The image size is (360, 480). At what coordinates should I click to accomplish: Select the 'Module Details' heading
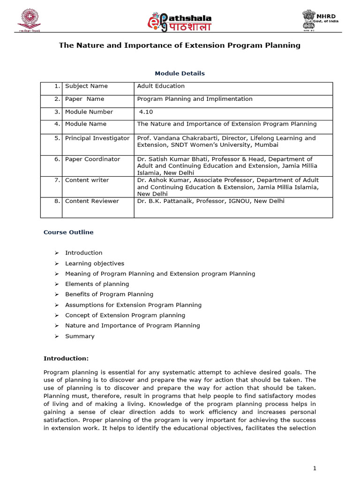pyautogui.click(x=180, y=74)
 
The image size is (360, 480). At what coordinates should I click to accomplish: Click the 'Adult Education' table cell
pyautogui.click(x=161, y=86)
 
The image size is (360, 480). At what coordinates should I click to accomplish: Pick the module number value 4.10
pyautogui.click(x=146, y=112)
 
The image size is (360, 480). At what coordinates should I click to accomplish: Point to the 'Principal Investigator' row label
pyautogui.click(x=97, y=138)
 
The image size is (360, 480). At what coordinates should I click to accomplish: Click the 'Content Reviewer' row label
pyautogui.click(x=92, y=201)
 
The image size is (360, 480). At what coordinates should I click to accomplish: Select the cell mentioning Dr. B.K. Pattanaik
pyautogui.click(x=210, y=201)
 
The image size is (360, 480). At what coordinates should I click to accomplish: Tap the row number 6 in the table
pyautogui.click(x=57, y=159)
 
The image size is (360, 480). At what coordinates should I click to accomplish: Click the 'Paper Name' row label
pyautogui.click(x=85, y=99)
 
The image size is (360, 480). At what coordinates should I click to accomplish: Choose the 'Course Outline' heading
pyautogui.click(x=68, y=232)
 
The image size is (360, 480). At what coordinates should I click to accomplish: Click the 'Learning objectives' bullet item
pyautogui.click(x=95, y=263)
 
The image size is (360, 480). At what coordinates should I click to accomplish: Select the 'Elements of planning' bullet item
pyautogui.click(x=97, y=284)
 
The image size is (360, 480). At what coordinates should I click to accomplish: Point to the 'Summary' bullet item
pyautogui.click(x=80, y=336)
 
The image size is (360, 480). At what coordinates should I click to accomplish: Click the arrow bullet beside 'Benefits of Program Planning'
pyautogui.click(x=56, y=294)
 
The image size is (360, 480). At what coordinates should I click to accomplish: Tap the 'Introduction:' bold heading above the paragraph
pyautogui.click(x=66, y=359)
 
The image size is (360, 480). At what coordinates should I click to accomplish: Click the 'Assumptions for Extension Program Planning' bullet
pyautogui.click(x=133, y=305)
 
